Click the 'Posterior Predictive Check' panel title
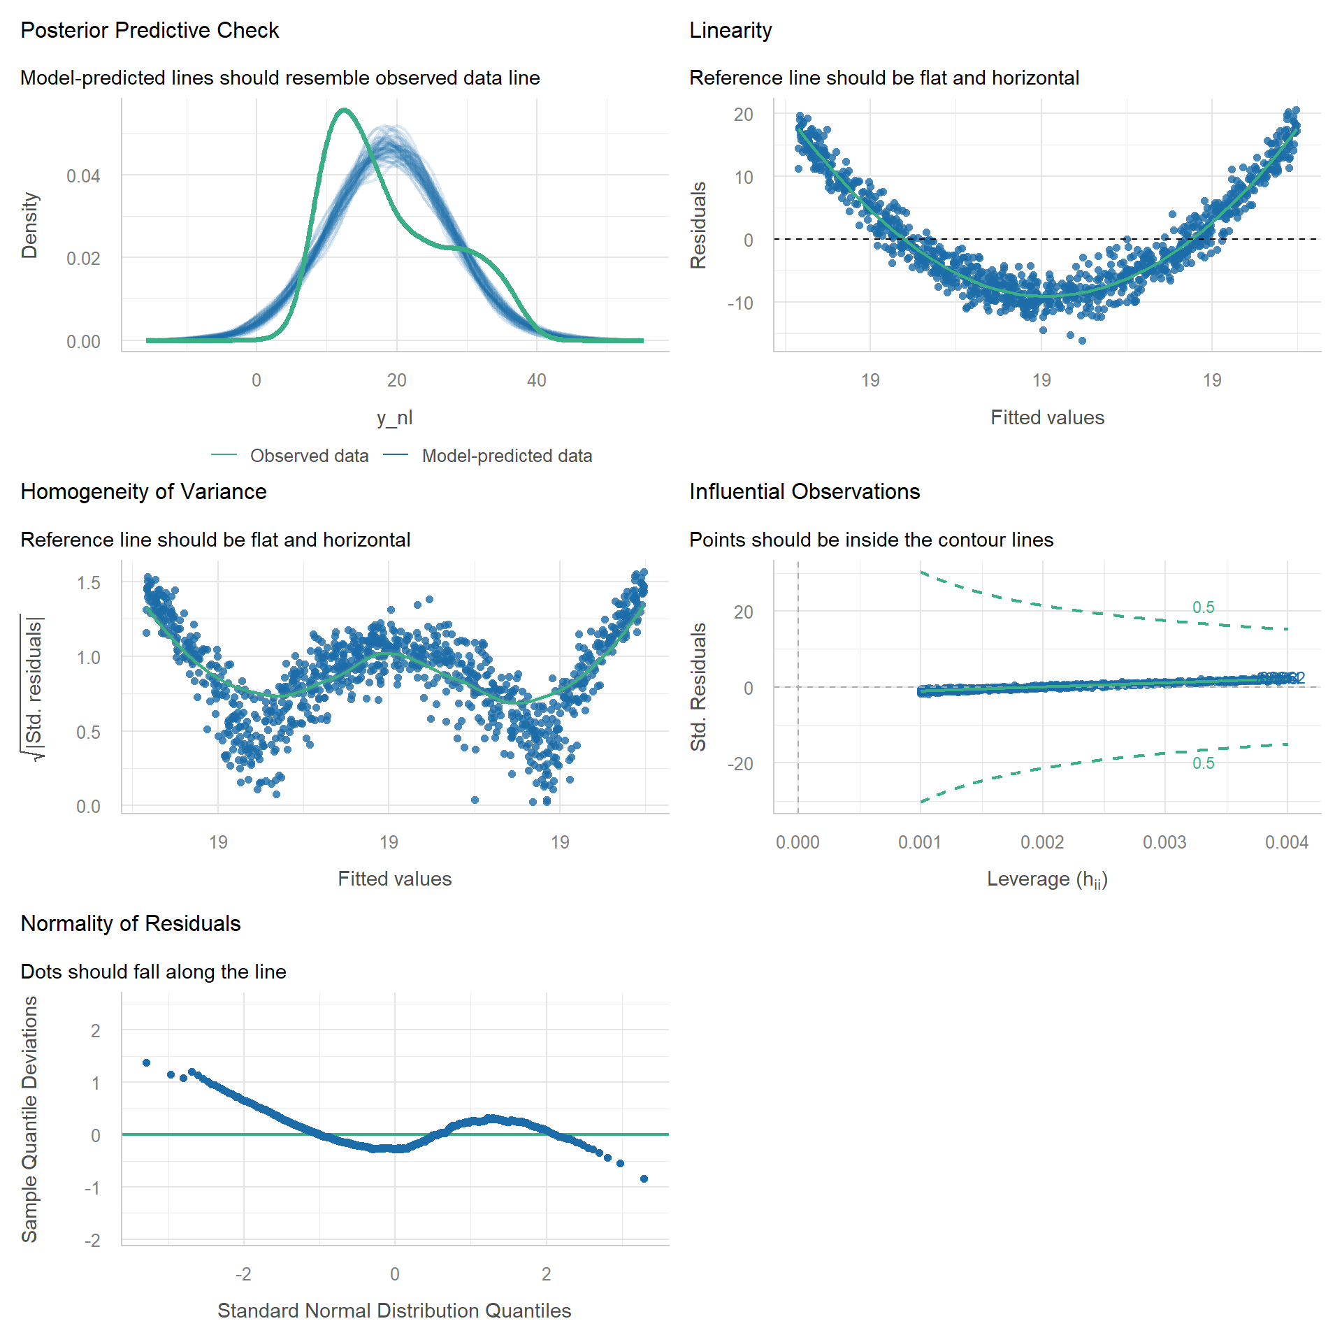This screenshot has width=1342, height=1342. pyautogui.click(x=150, y=31)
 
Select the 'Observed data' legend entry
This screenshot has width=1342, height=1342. pyautogui.click(x=309, y=456)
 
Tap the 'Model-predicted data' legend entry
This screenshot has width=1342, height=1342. pyautogui.click(x=507, y=456)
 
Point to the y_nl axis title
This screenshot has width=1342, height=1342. pyautogui.click(x=395, y=417)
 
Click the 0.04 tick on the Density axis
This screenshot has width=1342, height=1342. pyautogui.click(x=83, y=176)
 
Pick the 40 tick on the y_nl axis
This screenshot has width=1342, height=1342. pyautogui.click(x=537, y=380)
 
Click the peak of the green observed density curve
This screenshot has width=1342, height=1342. pyautogui.click(x=343, y=110)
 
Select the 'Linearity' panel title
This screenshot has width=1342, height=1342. pyautogui.click(x=730, y=31)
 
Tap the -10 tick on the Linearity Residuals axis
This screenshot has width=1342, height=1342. pyautogui.click(x=740, y=303)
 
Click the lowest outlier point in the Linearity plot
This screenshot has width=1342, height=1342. pyautogui.click(x=1082, y=340)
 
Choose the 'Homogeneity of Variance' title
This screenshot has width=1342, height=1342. pyautogui.click(x=143, y=492)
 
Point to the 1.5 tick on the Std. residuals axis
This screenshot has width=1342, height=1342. pyautogui.click(x=89, y=583)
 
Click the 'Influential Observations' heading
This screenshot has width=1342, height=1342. pyautogui.click(x=805, y=492)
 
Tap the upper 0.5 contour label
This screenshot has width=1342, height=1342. pyautogui.click(x=1204, y=607)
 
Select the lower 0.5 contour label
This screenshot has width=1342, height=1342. pyautogui.click(x=1204, y=763)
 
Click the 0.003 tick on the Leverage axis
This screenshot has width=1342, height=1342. pyautogui.click(x=1164, y=842)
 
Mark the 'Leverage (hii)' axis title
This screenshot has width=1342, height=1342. pyautogui.click(x=1047, y=879)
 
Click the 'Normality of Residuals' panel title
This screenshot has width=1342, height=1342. pyautogui.click(x=131, y=924)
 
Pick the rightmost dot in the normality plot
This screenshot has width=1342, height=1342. pyautogui.click(x=644, y=1178)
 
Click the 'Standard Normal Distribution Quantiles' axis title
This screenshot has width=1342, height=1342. pyautogui.click(x=394, y=1311)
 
